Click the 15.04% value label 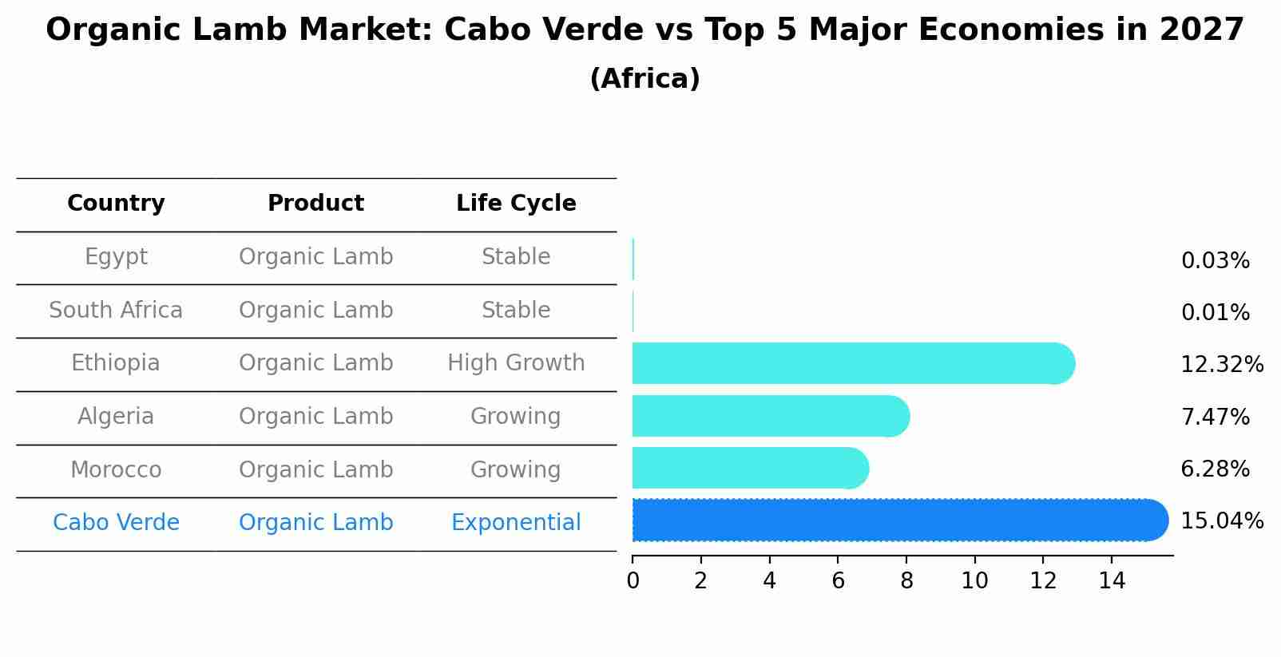coord(1221,521)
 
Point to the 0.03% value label coord(1215,261)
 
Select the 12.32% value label coord(1221,365)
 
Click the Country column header coord(116,204)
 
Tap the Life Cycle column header coord(516,204)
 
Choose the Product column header coord(315,204)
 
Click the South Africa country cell coord(116,311)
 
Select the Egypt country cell coord(116,257)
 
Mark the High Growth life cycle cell coord(516,363)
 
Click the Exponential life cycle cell coord(516,523)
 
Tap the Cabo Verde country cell coord(116,523)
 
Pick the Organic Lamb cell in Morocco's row coord(315,469)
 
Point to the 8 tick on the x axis coord(906,581)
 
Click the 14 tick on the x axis coord(1112,581)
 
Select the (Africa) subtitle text coord(644,79)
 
